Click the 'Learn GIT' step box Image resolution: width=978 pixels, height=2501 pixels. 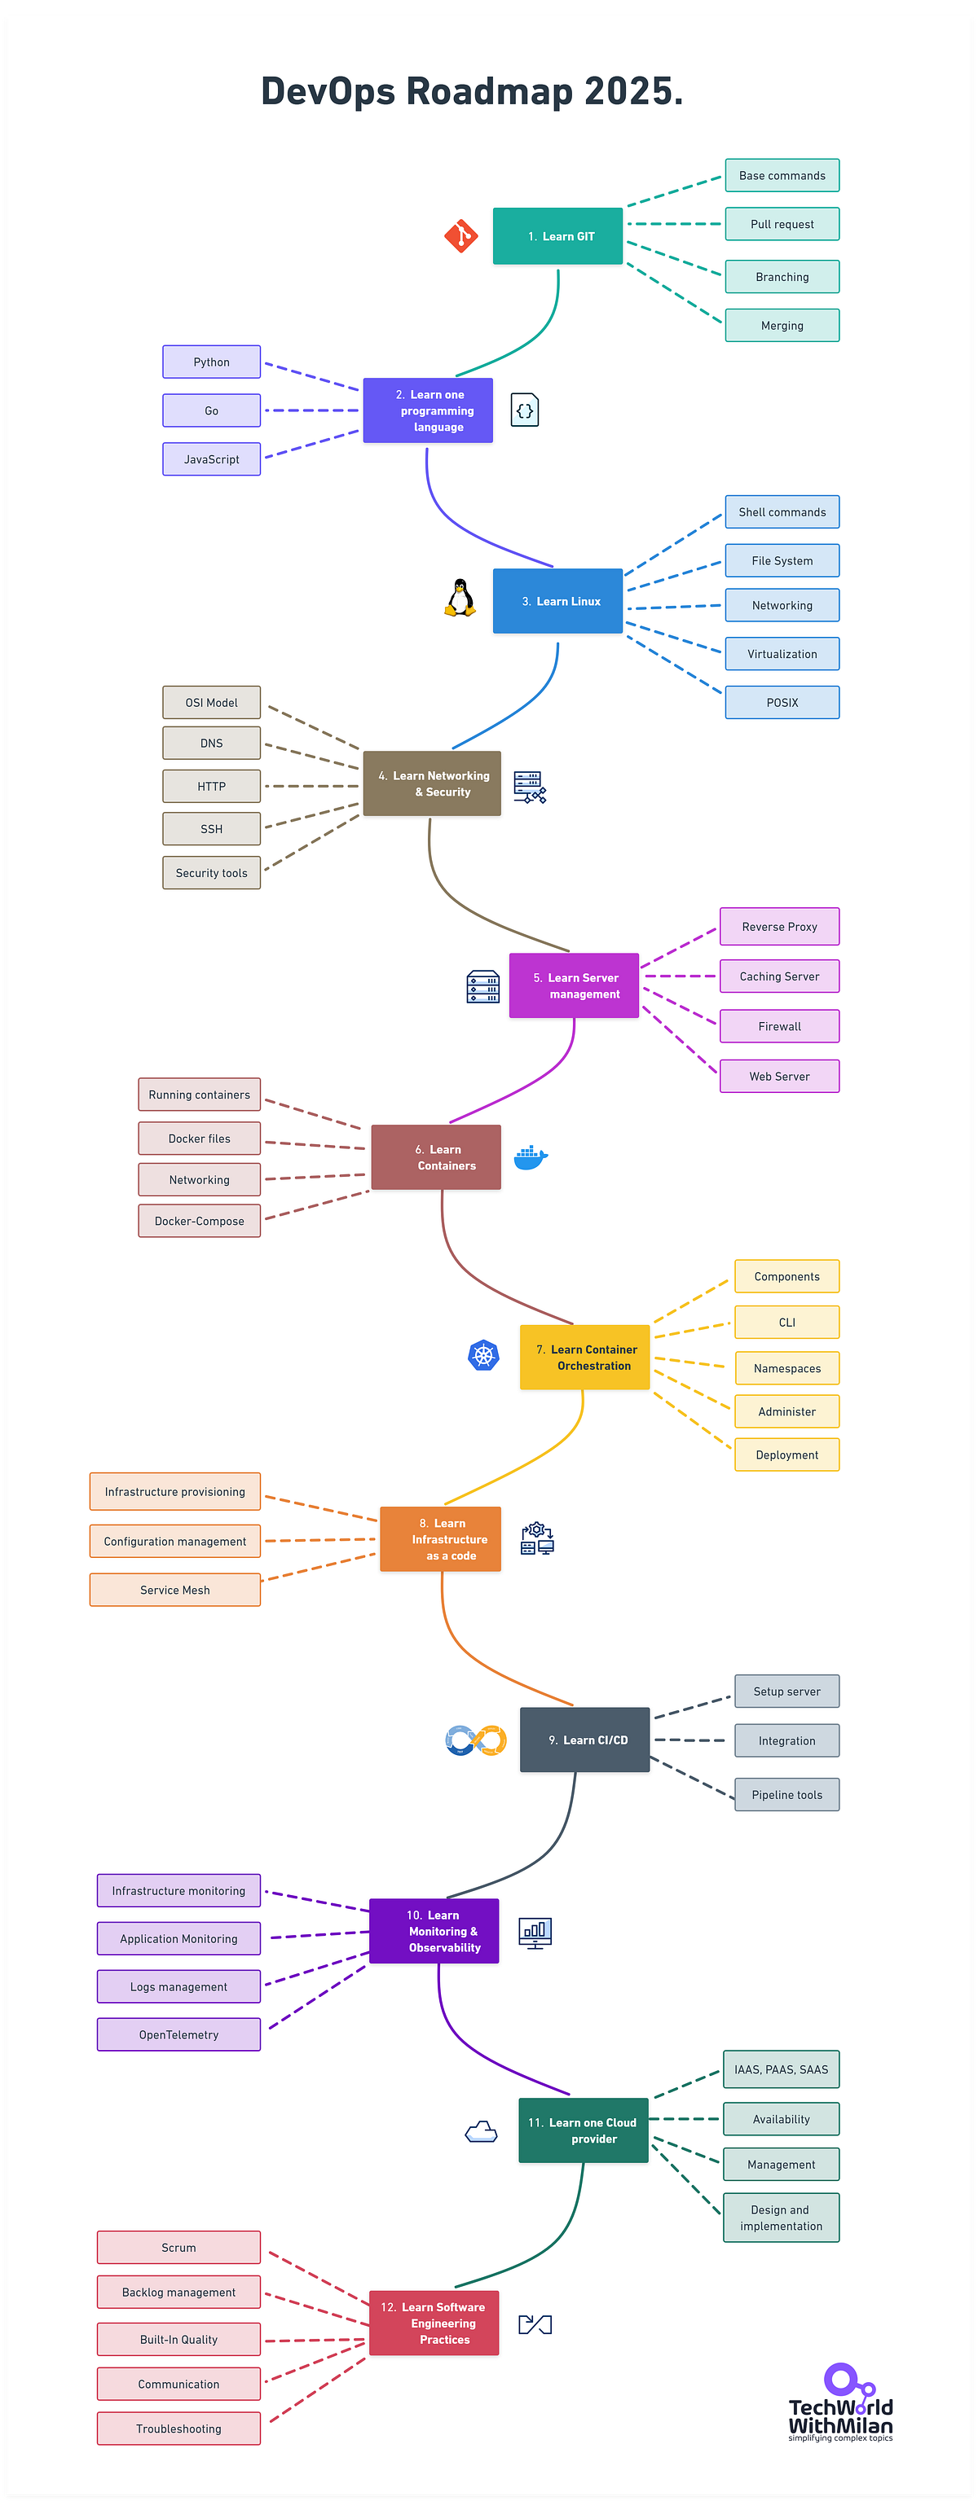click(x=557, y=236)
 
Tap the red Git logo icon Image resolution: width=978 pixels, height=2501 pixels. click(x=461, y=236)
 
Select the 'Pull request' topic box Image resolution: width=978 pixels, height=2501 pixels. click(x=782, y=224)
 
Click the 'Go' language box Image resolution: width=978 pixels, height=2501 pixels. click(x=212, y=410)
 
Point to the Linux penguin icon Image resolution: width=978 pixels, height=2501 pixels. click(x=460, y=599)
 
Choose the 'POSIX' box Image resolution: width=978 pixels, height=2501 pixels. click(x=782, y=703)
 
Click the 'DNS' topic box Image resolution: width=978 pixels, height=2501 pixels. click(x=212, y=744)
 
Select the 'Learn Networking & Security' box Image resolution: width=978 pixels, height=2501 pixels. click(x=432, y=783)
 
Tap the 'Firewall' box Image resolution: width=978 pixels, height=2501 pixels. click(x=779, y=1026)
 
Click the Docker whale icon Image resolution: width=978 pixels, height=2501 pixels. click(x=531, y=1156)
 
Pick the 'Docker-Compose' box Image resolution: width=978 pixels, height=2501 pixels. click(x=199, y=1222)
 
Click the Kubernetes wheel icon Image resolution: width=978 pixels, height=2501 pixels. click(x=483, y=1355)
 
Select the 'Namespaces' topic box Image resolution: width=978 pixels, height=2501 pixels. click(x=786, y=1369)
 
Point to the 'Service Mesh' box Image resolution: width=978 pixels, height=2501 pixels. click(x=174, y=1591)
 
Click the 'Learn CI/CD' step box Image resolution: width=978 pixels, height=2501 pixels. click(x=584, y=1740)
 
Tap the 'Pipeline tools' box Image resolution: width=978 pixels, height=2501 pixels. click(x=786, y=1795)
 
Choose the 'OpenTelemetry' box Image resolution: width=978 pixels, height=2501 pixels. click(x=178, y=2035)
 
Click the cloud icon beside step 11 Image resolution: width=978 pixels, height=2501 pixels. click(x=482, y=2132)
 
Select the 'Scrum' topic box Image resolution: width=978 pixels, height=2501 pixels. click(x=178, y=2248)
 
